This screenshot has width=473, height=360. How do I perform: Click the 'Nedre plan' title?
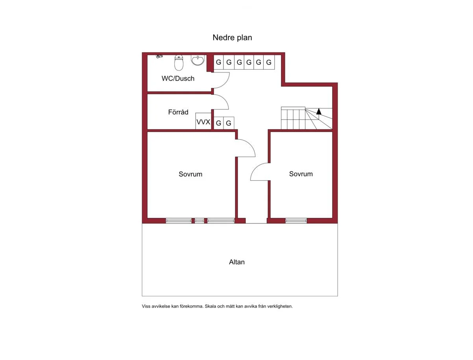point(232,37)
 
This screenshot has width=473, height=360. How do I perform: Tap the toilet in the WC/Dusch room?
point(179,63)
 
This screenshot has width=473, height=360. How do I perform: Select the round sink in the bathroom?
point(198,60)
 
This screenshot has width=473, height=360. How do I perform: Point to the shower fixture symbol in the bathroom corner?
point(159,56)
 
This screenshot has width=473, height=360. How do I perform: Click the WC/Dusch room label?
point(178,78)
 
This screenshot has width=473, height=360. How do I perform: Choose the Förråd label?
point(178,112)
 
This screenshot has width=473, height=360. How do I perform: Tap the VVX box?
point(203,121)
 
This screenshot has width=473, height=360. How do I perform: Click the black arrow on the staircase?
point(319,111)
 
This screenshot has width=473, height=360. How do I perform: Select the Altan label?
point(236,262)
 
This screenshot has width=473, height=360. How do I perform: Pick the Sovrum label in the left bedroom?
point(190,174)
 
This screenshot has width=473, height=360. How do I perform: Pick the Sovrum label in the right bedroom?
point(301,174)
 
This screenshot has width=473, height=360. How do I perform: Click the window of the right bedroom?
point(296,221)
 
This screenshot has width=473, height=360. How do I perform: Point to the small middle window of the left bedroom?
point(200,221)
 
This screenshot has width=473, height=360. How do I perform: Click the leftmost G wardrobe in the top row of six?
point(218,62)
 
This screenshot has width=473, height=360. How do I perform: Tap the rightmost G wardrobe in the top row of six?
point(269,62)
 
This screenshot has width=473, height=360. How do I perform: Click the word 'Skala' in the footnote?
point(210,306)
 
